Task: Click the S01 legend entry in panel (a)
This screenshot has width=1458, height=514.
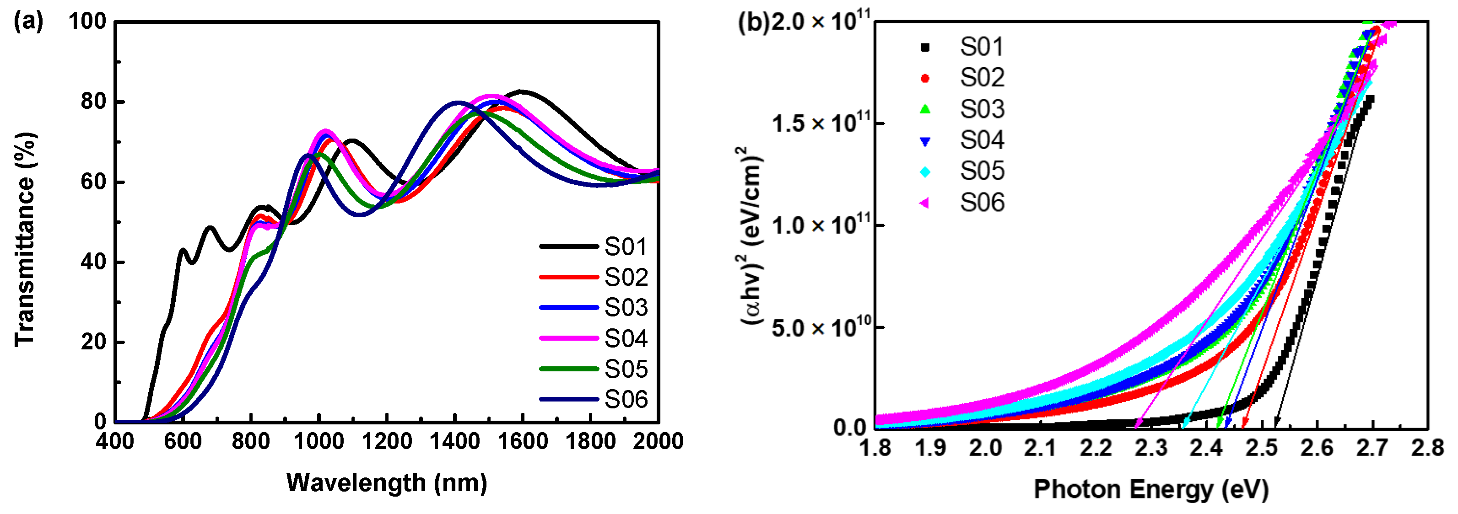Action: coord(626,246)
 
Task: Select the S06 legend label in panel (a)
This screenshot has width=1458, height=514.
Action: coord(626,399)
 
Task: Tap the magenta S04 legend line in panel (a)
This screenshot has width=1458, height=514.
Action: coord(568,338)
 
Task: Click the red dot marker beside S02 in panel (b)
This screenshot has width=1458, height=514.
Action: coord(925,78)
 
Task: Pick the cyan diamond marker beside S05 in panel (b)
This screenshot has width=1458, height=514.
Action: coord(925,171)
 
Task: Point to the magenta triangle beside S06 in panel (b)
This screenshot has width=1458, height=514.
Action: coord(924,203)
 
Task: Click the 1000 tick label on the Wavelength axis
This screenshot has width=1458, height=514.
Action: coord(319,441)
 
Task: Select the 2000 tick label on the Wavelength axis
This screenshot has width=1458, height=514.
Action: coord(658,441)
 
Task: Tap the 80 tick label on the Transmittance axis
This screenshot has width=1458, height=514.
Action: coord(93,102)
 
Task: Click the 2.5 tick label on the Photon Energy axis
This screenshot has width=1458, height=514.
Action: coord(1262,448)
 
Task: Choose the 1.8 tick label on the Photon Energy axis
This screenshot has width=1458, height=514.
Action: coord(875,448)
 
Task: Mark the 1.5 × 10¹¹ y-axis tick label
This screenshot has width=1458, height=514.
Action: coord(821,123)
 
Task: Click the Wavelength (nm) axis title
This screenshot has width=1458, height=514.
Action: coord(387,483)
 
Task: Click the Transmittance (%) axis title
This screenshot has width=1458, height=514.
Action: coord(26,239)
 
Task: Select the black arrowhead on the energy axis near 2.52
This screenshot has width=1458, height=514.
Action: coord(1277,423)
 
